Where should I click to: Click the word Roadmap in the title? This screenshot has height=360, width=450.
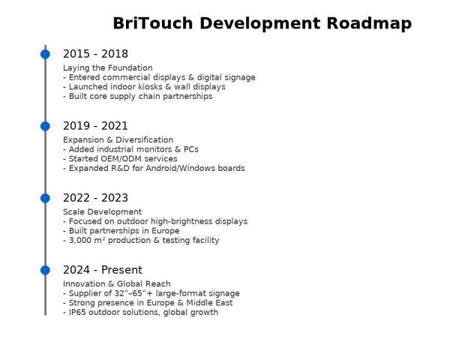tap(368, 24)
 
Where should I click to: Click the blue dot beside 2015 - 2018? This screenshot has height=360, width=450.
tap(45, 54)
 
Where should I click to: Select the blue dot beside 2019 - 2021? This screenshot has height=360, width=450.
tap(45, 126)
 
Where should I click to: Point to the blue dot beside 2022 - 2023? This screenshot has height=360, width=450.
tap(45, 198)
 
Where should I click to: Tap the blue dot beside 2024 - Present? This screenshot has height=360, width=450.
tap(45, 270)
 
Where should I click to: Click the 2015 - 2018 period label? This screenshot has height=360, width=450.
tap(95, 54)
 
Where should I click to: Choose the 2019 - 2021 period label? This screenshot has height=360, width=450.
tap(95, 126)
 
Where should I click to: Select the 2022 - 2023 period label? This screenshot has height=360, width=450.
tap(95, 198)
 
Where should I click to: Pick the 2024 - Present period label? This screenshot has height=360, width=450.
tap(102, 270)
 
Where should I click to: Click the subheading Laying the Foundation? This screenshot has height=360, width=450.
tap(107, 68)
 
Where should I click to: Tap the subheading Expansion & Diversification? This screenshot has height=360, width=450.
tap(118, 140)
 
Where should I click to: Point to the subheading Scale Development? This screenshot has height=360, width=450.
tap(102, 212)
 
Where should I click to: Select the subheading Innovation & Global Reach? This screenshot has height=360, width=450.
tap(116, 284)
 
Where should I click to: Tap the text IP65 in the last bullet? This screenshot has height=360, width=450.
tap(77, 313)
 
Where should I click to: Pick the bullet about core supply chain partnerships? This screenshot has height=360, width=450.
tap(139, 97)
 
